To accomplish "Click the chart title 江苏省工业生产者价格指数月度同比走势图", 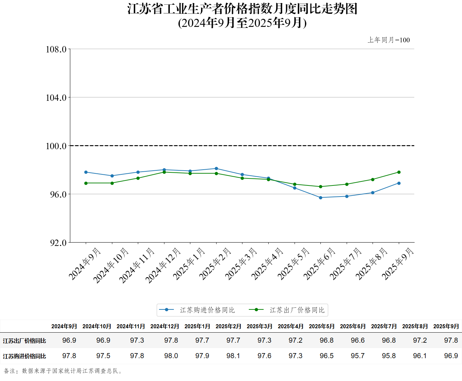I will (x=242, y=9).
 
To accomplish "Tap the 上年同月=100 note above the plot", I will (x=389, y=40).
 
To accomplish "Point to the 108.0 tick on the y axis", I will (x=56, y=49).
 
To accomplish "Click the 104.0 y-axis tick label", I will (x=56, y=98).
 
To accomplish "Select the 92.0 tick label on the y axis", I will (x=58, y=243).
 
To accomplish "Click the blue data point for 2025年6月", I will (x=320, y=198).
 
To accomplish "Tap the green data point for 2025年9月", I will (x=399, y=172).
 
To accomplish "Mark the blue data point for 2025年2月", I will (x=216, y=168).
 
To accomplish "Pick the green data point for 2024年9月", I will (x=86, y=183).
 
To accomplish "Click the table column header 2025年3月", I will (x=260, y=326).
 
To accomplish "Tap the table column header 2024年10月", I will (x=97, y=326).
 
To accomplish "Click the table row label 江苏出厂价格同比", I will (x=25, y=341).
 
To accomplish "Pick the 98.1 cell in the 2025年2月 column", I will (x=233, y=356).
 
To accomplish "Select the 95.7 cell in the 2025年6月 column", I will (x=357, y=356).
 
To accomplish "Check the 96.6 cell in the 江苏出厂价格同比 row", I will (x=357, y=340).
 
